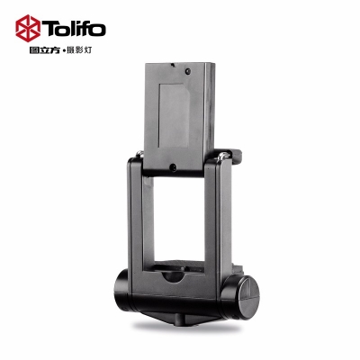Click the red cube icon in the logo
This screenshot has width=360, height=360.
[28, 28]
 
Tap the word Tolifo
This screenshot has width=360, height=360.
[74, 29]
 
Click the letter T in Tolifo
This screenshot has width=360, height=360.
[49, 29]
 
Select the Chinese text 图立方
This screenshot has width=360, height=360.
[44, 50]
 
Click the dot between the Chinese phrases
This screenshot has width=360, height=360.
[63, 51]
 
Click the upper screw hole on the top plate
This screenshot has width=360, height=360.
[188, 71]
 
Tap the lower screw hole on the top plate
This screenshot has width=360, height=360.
[173, 167]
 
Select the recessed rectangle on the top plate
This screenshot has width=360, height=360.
[174, 115]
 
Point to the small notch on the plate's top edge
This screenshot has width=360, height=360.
[173, 65]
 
